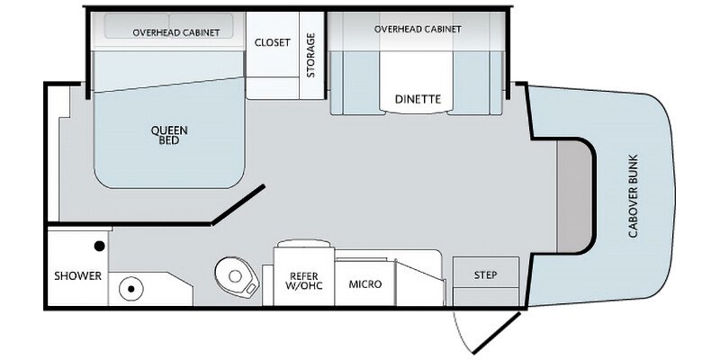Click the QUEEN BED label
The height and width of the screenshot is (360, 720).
pos(169,136)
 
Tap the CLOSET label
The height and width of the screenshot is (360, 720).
pos(273,42)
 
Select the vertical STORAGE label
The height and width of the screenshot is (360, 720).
pos(310,55)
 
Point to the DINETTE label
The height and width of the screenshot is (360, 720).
pos(418,99)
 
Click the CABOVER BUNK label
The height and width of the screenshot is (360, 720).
pos(634,196)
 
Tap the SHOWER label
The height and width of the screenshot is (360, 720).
pos(77,276)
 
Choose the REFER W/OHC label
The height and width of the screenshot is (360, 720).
pos(304,281)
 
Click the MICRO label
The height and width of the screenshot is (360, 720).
pos(365,284)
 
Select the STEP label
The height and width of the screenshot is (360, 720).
pos(485,275)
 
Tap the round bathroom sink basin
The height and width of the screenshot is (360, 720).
pos(130,289)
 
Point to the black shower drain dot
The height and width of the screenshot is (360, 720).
pos(99,247)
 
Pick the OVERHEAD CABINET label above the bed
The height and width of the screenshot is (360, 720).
pos(175,33)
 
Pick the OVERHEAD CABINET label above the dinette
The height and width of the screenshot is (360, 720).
pos(418,30)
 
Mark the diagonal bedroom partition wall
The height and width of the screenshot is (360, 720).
pos(238,204)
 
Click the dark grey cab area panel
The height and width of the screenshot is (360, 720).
pos(574,196)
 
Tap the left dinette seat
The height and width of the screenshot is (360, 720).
pos(355,83)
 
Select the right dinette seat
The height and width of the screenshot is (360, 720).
pos(475,83)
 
